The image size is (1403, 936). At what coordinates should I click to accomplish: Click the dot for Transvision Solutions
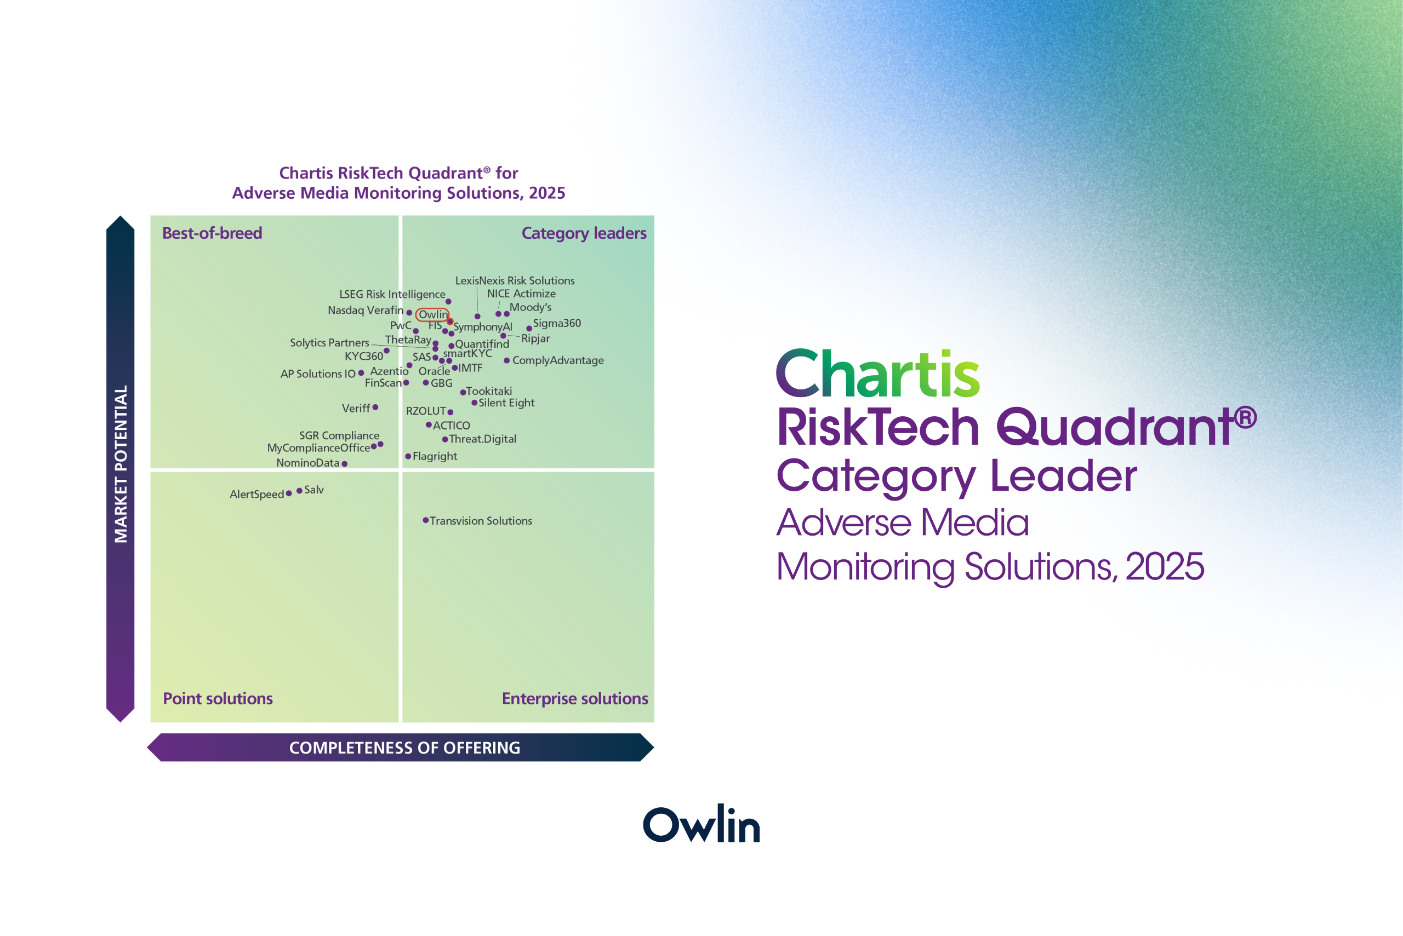[425, 520]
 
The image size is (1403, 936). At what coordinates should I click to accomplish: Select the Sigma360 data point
[528, 328]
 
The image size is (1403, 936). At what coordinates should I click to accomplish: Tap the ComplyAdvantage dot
[506, 360]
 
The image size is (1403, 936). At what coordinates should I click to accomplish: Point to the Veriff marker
[375, 407]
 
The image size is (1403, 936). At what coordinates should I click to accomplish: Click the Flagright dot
[408, 456]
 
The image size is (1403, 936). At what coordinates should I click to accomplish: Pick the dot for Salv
[299, 491]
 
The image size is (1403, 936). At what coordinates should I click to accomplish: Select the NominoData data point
[344, 463]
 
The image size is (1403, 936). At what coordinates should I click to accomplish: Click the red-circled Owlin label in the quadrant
[432, 314]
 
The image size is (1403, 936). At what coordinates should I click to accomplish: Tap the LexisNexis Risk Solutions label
[514, 280]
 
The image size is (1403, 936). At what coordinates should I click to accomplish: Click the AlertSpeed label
[257, 494]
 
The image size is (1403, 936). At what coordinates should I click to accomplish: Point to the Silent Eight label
[506, 403]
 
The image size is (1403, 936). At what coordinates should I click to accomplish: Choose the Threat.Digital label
[483, 439]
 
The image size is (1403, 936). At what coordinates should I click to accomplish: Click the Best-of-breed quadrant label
[212, 233]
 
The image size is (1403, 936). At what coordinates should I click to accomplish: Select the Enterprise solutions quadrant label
[574, 698]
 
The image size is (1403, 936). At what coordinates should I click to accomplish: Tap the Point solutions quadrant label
[218, 698]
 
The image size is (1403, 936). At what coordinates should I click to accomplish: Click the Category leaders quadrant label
[584, 233]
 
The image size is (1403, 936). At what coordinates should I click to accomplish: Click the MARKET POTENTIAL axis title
[121, 464]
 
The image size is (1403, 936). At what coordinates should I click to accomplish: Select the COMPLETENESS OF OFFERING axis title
[404, 748]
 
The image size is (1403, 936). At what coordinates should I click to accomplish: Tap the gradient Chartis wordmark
[878, 374]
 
